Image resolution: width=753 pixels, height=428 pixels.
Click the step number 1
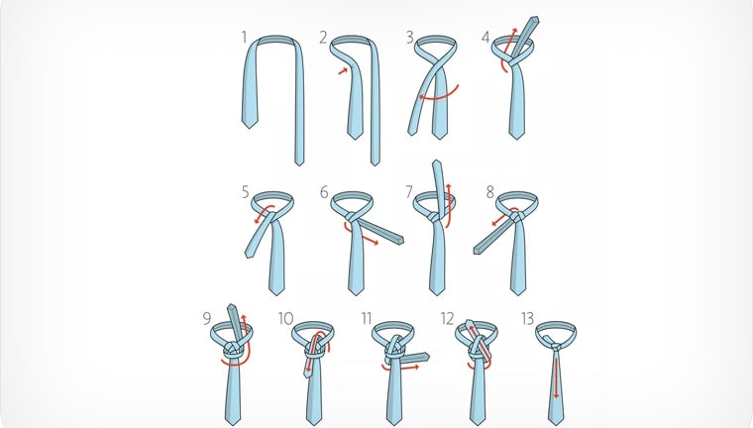pyautogui.click(x=245, y=37)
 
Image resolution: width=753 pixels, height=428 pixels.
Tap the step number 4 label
pyautogui.click(x=485, y=37)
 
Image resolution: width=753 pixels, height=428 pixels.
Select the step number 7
pyautogui.click(x=408, y=192)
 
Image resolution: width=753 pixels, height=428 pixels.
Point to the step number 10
pyautogui.click(x=285, y=318)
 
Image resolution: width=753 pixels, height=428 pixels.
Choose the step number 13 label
pyautogui.click(x=527, y=318)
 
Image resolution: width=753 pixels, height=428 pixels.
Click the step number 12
pyautogui.click(x=447, y=318)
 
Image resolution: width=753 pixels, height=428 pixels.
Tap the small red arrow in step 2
pyautogui.click(x=343, y=71)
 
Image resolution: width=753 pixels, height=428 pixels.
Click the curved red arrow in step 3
pyautogui.click(x=439, y=97)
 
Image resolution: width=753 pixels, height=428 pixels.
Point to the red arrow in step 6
pyautogui.click(x=359, y=234)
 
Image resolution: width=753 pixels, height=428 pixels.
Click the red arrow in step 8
pyautogui.click(x=502, y=217)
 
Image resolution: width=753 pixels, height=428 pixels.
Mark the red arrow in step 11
pyautogui.click(x=400, y=369)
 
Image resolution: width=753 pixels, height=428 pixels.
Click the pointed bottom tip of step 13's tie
pyautogui.click(x=556, y=424)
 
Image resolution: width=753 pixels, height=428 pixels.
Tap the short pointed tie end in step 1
pyautogui.click(x=250, y=127)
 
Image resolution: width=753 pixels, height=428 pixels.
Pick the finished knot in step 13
pyautogui.click(x=555, y=347)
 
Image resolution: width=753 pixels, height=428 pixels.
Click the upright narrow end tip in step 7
pyautogui.click(x=436, y=161)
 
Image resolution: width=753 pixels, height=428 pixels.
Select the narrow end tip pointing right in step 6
pyautogui.click(x=401, y=239)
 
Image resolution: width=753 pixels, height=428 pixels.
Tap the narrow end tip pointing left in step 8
pyautogui.click(x=477, y=250)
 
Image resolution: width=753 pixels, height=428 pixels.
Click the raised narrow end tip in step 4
pyautogui.click(x=535, y=19)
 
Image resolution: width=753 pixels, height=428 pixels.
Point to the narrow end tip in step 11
pyautogui.click(x=426, y=357)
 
